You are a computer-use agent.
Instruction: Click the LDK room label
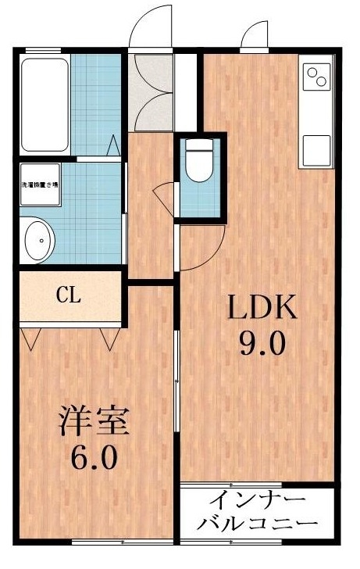262,309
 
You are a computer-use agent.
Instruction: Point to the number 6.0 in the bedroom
94,456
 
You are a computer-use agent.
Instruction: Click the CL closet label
69,295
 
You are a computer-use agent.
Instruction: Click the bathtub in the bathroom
45,103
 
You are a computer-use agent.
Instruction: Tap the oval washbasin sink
38,239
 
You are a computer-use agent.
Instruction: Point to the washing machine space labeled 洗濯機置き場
39,184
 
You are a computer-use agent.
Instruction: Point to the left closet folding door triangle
33,338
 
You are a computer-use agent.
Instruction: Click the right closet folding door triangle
109,338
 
